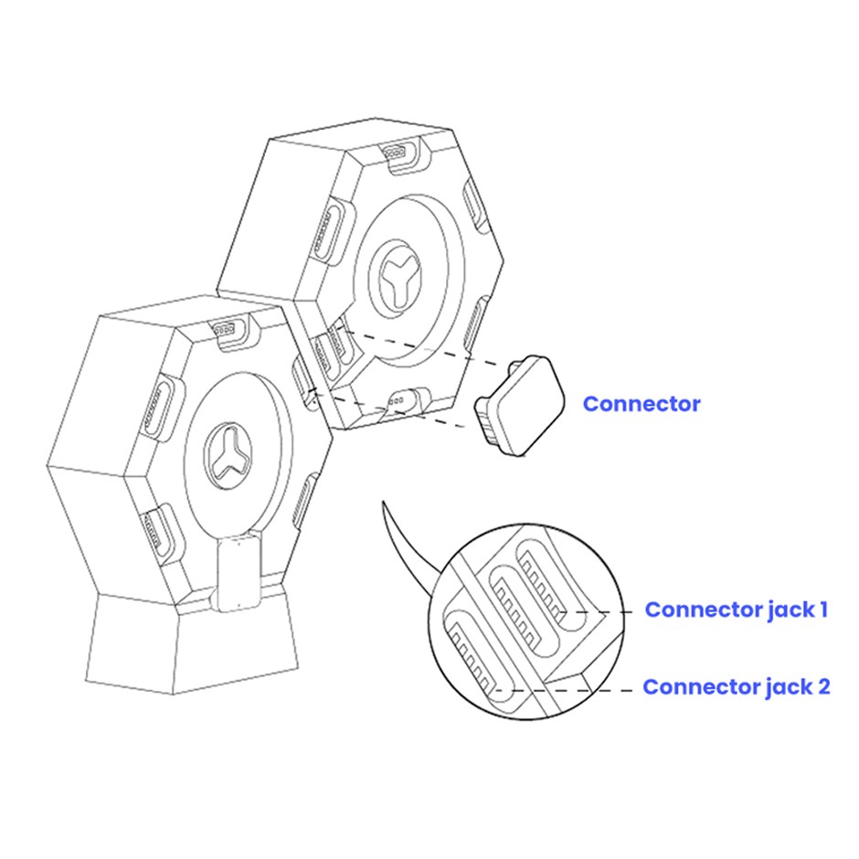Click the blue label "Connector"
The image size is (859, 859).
(641, 404)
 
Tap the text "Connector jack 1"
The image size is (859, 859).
(736, 610)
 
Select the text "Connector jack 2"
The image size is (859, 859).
(737, 686)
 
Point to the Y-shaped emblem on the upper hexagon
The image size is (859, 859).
(395, 277)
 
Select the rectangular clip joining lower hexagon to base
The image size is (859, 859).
(238, 574)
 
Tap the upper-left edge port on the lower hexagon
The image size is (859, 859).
(159, 406)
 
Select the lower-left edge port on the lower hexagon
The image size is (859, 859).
(160, 530)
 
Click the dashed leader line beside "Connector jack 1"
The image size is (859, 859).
(597, 612)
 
